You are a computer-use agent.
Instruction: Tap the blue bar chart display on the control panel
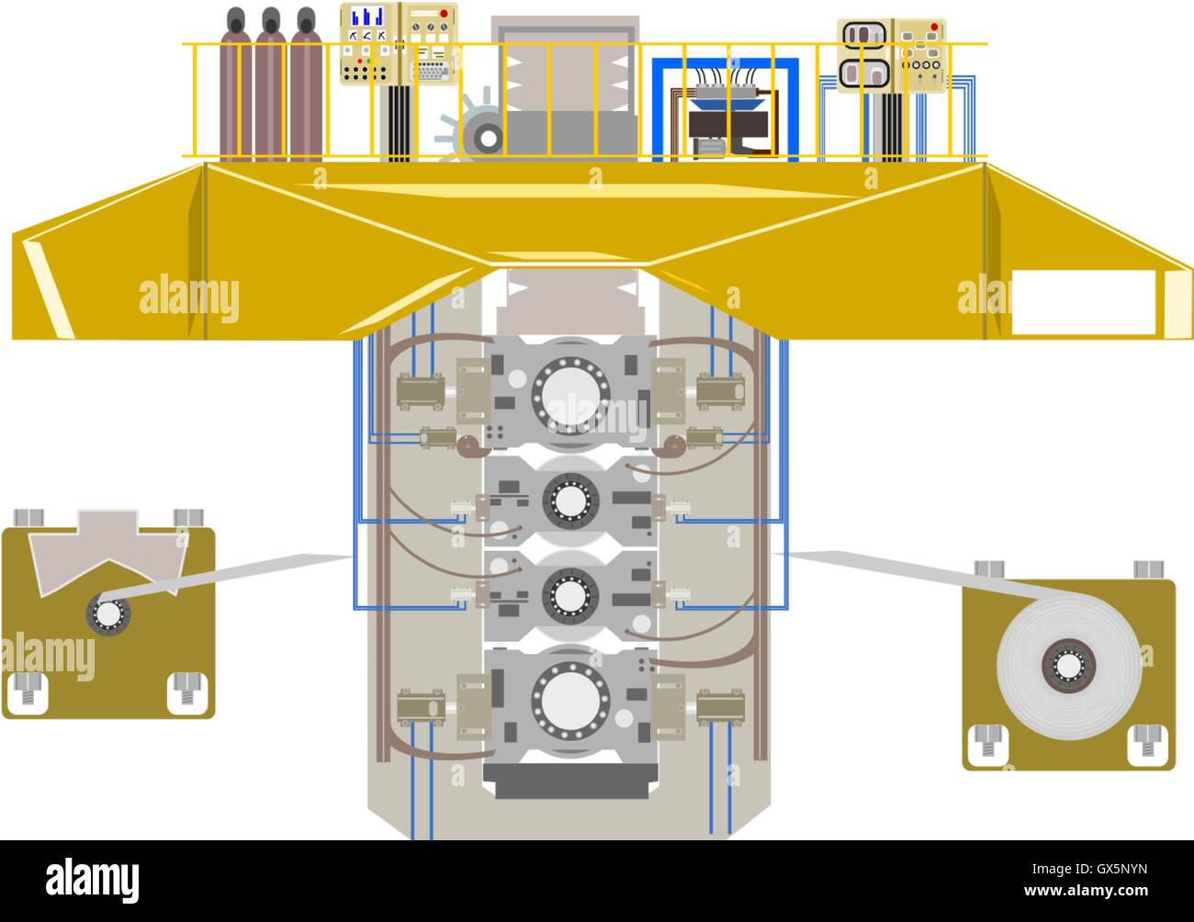(x=367, y=17)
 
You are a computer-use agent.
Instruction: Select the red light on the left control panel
(x=444, y=13)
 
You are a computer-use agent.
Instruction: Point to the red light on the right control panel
(x=934, y=27)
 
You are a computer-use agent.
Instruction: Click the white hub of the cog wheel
(x=488, y=139)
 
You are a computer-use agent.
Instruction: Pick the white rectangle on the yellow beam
(x=1084, y=302)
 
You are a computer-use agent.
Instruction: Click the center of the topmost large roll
(x=570, y=394)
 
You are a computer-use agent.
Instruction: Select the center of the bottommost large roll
(x=570, y=700)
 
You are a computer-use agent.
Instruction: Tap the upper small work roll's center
(x=570, y=500)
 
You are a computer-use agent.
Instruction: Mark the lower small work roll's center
(x=570, y=596)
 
